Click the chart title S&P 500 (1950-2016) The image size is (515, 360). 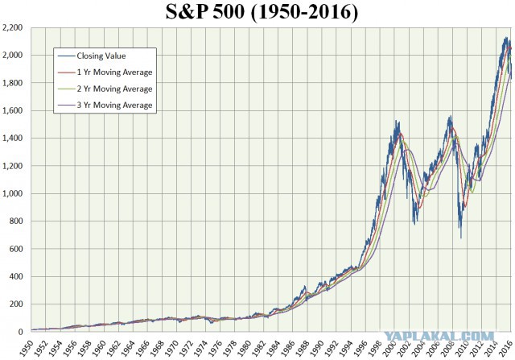click(262, 12)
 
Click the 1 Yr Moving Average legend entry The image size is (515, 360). click(105, 72)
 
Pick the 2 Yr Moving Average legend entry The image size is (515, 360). click(105, 89)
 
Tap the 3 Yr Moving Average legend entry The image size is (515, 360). click(105, 106)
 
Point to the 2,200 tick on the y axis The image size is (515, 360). click(13, 27)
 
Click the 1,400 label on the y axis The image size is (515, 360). click(13, 138)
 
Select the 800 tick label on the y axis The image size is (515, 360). click(16, 221)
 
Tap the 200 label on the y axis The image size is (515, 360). click(16, 304)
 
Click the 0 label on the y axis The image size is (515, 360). click(21, 332)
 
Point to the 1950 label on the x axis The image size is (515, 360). click(27, 348)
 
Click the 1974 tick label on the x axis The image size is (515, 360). click(200, 348)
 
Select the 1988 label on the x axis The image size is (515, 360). click(303, 348)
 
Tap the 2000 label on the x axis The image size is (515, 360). click(389, 348)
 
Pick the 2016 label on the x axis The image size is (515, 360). click(506, 348)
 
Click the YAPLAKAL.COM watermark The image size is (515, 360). click(439, 336)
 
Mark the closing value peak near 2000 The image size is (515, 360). click(396, 121)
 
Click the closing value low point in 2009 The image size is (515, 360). click(461, 238)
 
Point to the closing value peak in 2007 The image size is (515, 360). click(451, 116)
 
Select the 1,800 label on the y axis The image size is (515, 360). click(13, 83)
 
